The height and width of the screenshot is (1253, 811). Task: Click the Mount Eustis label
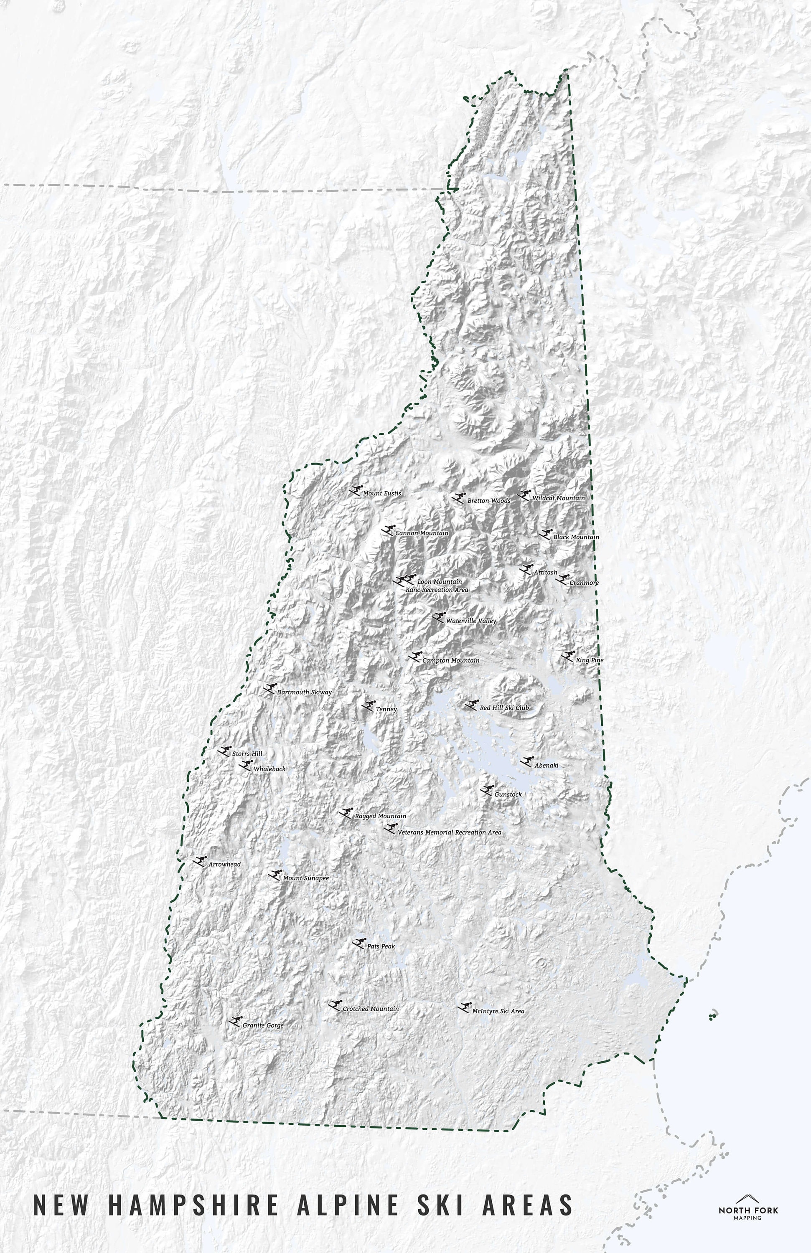382,493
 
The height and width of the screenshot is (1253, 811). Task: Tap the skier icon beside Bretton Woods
460,497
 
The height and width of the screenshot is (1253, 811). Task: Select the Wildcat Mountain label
558,498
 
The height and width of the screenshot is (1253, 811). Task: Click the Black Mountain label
576,537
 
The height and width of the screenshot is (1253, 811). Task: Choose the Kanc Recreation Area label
437,590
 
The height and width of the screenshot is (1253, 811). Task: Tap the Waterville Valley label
471,621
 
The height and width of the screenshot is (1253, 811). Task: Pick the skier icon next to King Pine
568,656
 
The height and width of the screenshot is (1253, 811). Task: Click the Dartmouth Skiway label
304,692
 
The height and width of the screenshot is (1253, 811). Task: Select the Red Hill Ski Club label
504,708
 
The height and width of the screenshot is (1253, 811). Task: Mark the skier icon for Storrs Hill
225,751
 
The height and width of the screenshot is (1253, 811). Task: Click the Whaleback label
269,769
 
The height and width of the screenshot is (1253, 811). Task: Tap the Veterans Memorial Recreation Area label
449,832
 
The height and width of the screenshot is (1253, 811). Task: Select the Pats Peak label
381,946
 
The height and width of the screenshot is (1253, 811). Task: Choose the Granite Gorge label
263,1025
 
